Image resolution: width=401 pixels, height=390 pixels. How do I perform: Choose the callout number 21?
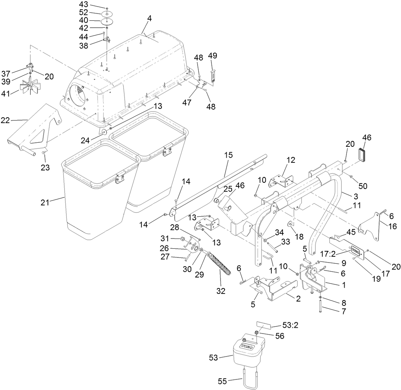[45, 202]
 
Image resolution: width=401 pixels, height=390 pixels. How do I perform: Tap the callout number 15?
[228, 155]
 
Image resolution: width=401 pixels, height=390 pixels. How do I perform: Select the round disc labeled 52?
[107, 14]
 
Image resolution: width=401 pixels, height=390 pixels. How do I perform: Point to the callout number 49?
[213, 55]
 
